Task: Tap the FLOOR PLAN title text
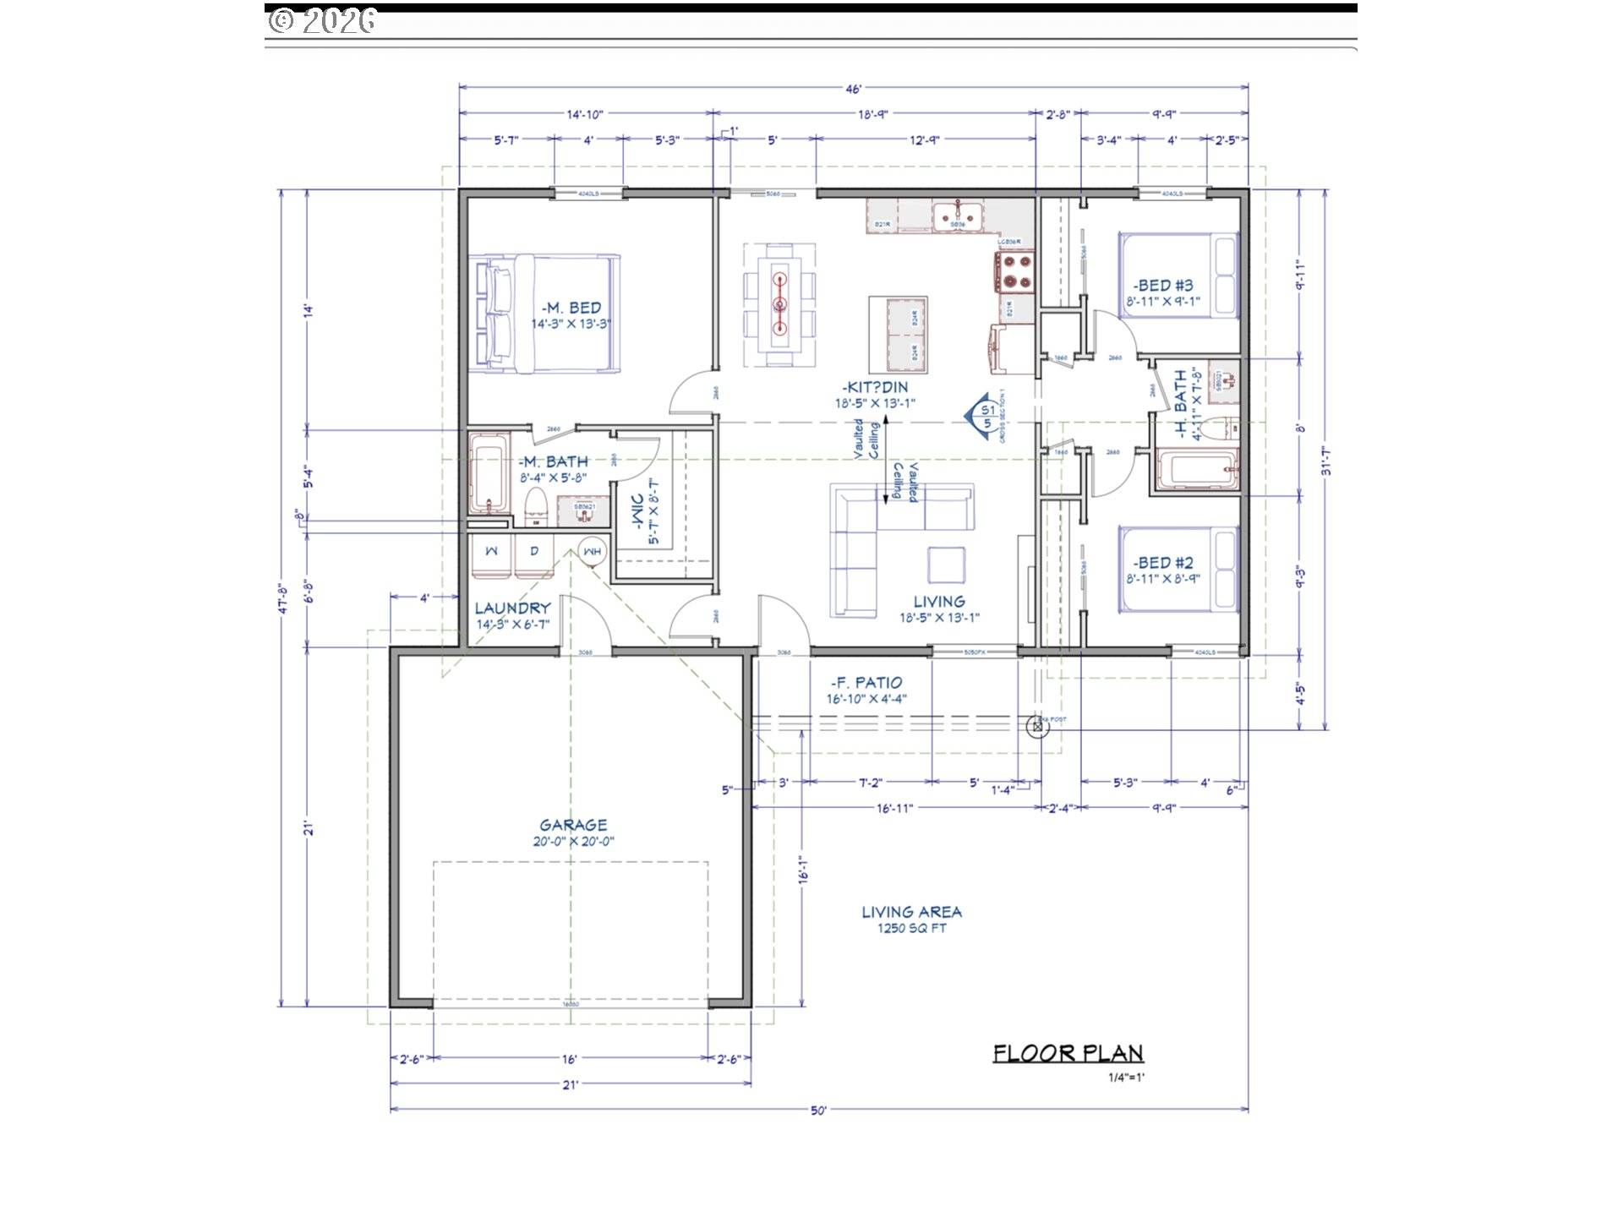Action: pos(1068,1053)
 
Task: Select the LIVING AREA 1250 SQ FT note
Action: pos(911,919)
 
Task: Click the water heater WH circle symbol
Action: pos(593,551)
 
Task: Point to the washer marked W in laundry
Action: pos(492,551)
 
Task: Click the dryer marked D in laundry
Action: pos(534,551)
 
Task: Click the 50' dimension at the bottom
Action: pos(817,1111)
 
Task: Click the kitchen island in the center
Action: pos(899,336)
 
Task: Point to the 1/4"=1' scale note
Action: pos(1126,1078)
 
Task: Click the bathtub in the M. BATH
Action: pos(489,473)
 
